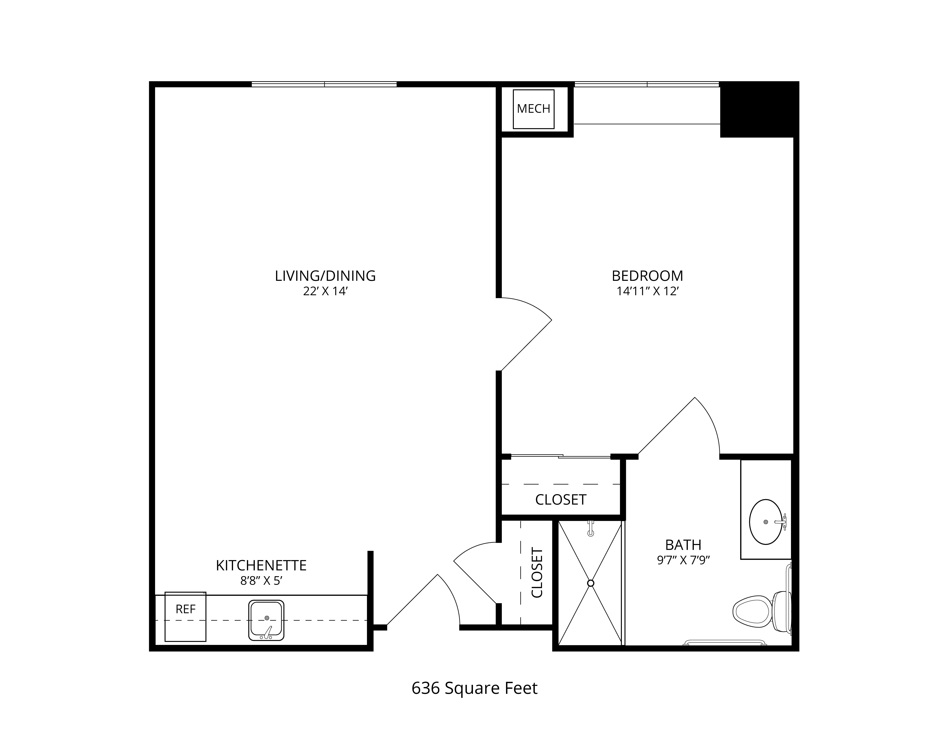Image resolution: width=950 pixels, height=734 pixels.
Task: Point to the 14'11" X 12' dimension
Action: pyautogui.click(x=647, y=291)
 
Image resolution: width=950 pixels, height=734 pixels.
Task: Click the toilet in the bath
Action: pyautogui.click(x=761, y=611)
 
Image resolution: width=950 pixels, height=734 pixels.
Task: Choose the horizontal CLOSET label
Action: pyautogui.click(x=561, y=500)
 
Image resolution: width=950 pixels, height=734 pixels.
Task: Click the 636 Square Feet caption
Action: pyautogui.click(x=474, y=688)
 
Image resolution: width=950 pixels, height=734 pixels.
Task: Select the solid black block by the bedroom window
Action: pyautogui.click(x=759, y=110)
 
